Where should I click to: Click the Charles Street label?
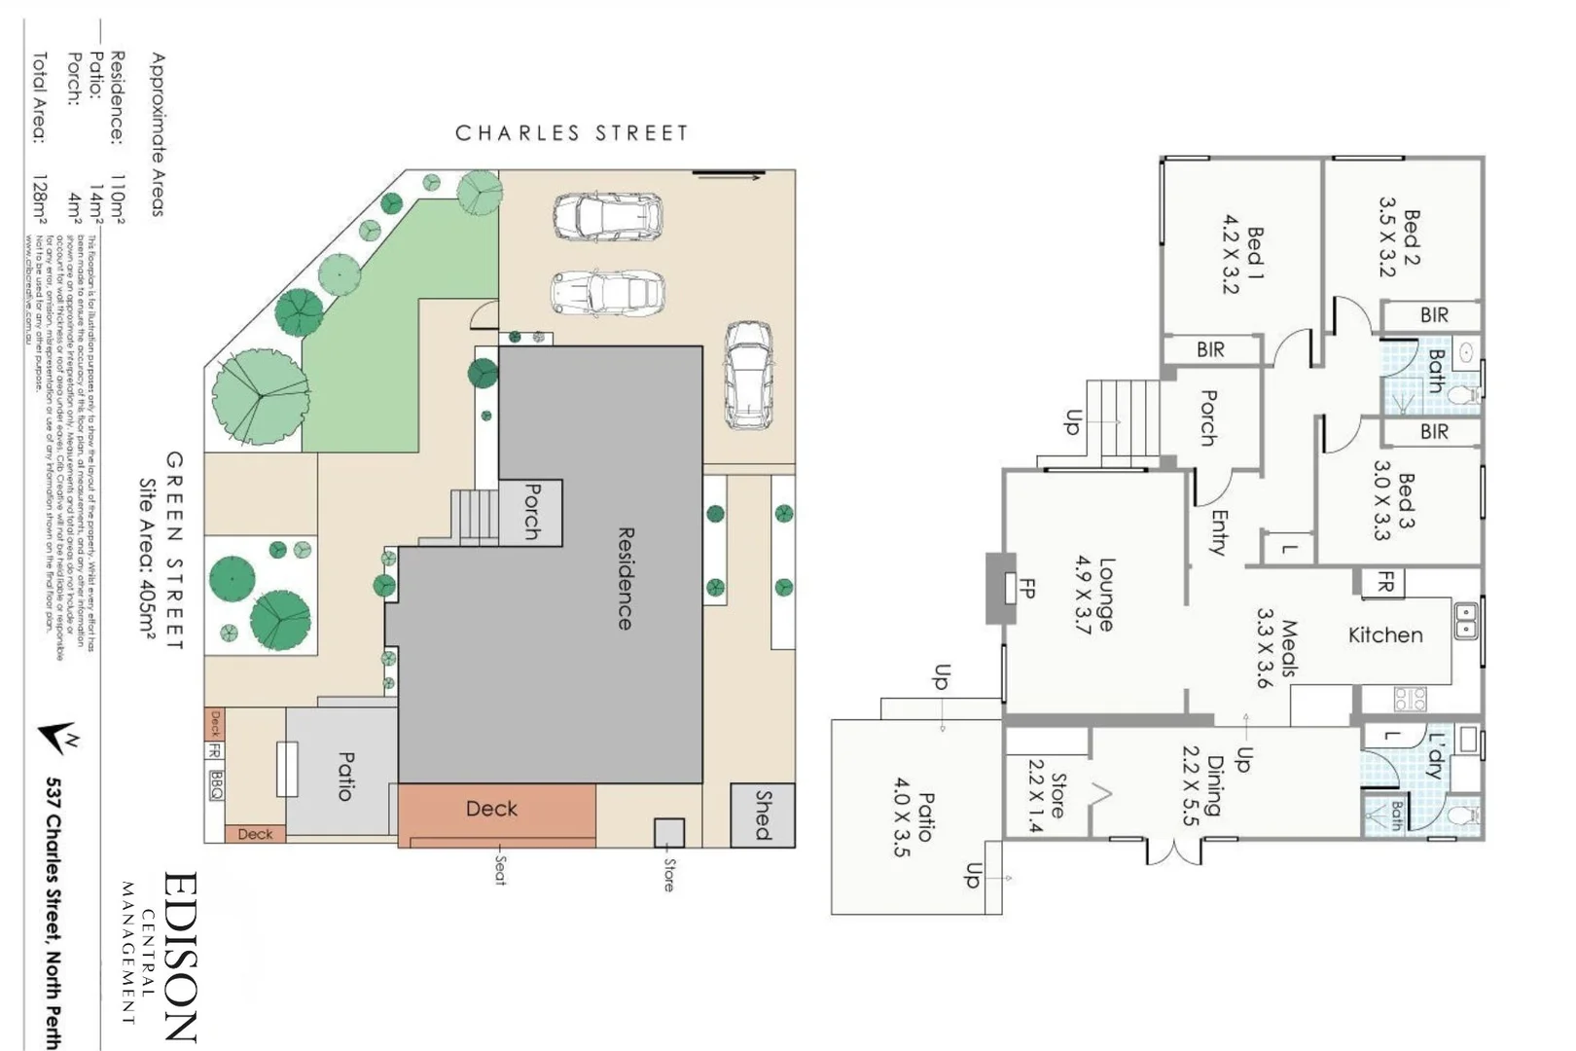[x=571, y=133]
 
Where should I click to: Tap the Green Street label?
[x=174, y=550]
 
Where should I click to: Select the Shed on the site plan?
[x=763, y=815]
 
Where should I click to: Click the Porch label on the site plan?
[x=531, y=512]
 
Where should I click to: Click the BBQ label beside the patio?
[x=215, y=784]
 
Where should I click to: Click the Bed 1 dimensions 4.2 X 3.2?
[x=1232, y=254]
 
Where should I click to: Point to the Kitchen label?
[x=1384, y=635]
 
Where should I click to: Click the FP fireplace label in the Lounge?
[x=1026, y=588]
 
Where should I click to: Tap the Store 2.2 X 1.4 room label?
[x=1047, y=795]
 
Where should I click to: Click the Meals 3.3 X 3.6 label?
[x=1276, y=648]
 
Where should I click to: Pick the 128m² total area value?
[x=39, y=207]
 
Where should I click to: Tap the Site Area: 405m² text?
[x=146, y=559]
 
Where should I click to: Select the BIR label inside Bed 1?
[x=1210, y=349]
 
